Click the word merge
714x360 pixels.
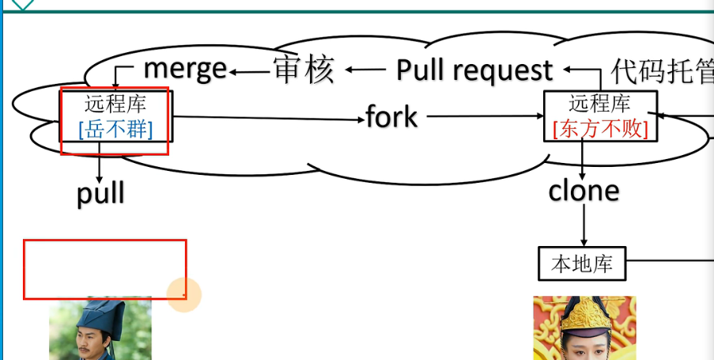[x=185, y=70]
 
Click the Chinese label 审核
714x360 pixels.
[x=304, y=70]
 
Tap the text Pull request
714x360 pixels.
[x=474, y=70]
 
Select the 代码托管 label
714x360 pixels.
[x=663, y=72]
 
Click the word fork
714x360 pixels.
[x=391, y=117]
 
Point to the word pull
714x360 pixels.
[x=100, y=194]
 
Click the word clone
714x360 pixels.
[x=584, y=191]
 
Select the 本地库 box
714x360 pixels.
[x=582, y=263]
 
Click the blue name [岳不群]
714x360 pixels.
[x=115, y=129]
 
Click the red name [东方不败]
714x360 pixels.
[x=600, y=128]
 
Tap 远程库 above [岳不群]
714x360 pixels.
[x=115, y=104]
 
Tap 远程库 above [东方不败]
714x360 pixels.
[x=600, y=103]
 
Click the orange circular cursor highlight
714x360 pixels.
[x=184, y=295]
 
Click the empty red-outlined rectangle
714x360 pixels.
[x=104, y=269]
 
